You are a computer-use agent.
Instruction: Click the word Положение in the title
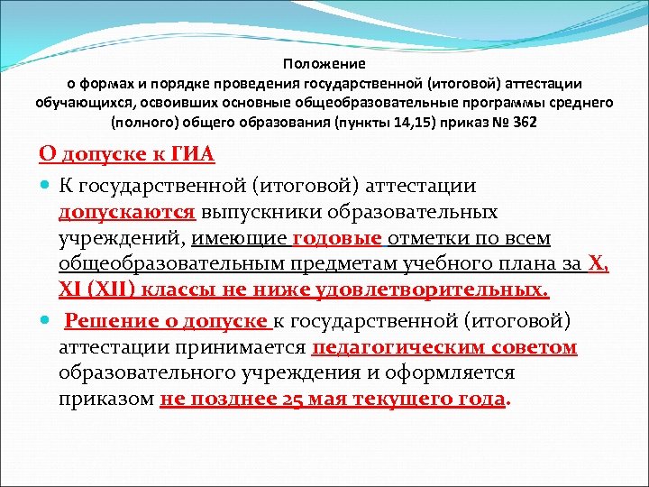coord(324,64)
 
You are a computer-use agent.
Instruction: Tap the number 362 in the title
coord(524,121)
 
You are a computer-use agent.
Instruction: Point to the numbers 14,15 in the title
coord(410,121)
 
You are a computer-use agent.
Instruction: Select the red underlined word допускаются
coord(127,213)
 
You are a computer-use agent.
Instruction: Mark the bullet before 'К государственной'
coord(46,187)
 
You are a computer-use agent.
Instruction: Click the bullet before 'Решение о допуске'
coord(46,322)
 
